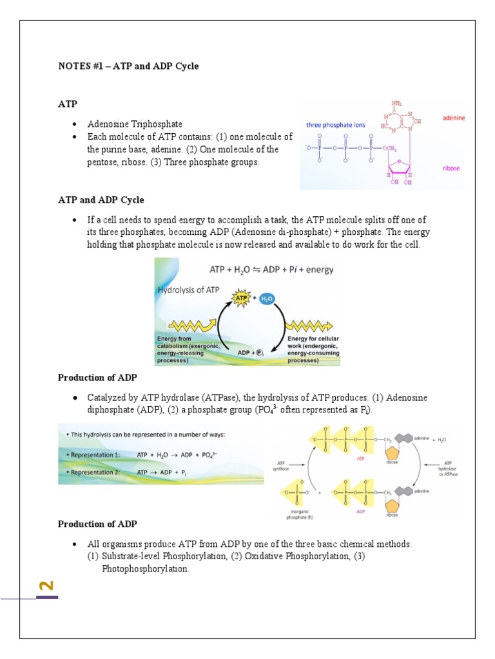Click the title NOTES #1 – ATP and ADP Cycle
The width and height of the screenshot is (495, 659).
coord(128,66)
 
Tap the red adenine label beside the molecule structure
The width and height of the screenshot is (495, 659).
coord(452,118)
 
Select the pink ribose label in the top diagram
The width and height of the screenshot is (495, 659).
coord(451,168)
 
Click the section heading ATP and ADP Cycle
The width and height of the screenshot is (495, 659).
coord(101,200)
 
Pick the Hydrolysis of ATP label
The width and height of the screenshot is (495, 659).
coord(189,290)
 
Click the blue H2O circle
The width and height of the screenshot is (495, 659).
coord(267,299)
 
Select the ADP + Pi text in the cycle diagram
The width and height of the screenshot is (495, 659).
coord(251,353)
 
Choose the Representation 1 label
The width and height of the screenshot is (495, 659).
coord(95,454)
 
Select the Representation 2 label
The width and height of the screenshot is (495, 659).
coord(95,472)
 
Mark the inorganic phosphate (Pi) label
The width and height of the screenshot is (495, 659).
coord(291,514)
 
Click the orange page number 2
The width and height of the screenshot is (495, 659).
coord(46,586)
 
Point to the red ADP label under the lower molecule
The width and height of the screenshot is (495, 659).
coord(361,513)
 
